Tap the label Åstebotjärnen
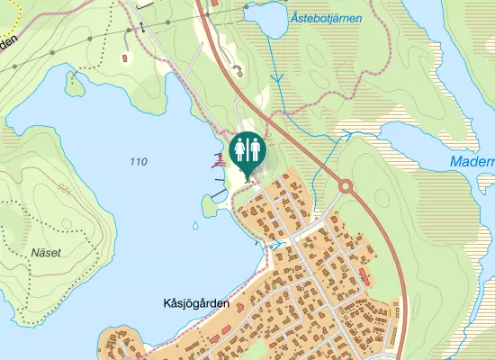point(326,17)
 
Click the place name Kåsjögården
point(197,303)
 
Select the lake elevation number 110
point(138,162)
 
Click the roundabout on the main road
point(345,186)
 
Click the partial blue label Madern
point(472,162)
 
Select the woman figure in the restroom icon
point(240,148)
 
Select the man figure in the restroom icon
point(256,148)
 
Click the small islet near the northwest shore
point(74,82)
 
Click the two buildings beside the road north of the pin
point(238,70)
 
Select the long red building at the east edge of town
point(363,274)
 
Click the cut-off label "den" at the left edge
point(9,41)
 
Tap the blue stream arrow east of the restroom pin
point(346,135)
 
